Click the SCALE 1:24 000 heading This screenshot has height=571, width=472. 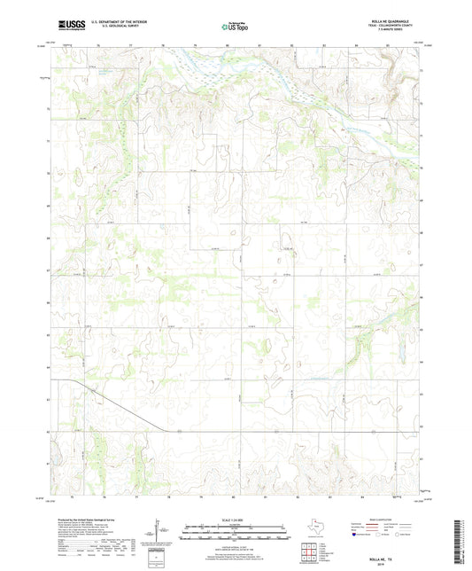click(235, 519)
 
